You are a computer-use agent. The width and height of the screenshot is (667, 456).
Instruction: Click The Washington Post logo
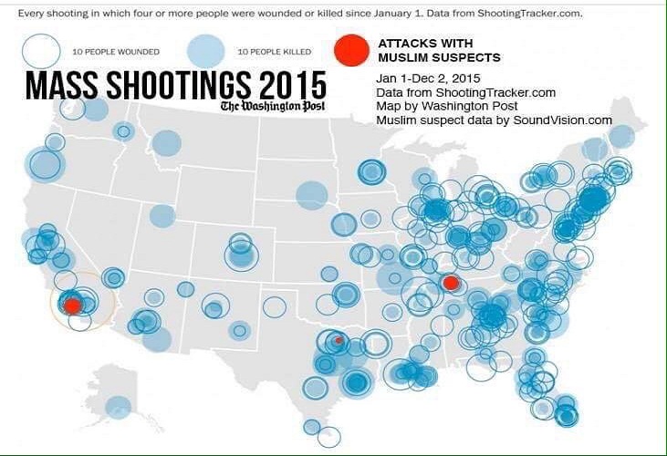pyautogui.click(x=272, y=107)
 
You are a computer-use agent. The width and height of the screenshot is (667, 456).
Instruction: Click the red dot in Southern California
pyautogui.click(x=72, y=305)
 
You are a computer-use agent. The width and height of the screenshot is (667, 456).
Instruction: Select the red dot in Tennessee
pyautogui.click(x=450, y=283)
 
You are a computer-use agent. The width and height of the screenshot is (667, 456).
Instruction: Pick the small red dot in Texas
pyautogui.click(x=339, y=340)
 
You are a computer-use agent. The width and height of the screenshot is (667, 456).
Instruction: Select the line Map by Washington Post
pyautogui.click(x=441, y=107)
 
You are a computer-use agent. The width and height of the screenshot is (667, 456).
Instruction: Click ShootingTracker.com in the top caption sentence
pyautogui.click(x=529, y=16)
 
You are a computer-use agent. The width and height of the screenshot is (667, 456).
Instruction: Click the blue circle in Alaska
pyautogui.click(x=118, y=408)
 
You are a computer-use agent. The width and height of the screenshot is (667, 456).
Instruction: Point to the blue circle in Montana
pyautogui.click(x=166, y=142)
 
